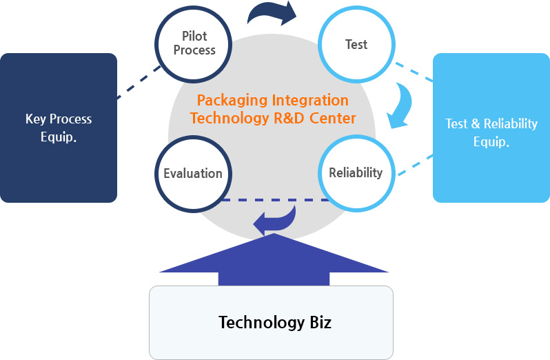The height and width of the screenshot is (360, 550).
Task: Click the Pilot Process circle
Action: (x=194, y=43)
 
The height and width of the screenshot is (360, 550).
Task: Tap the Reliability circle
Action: (x=356, y=172)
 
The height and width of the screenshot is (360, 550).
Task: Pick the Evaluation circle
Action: (x=193, y=173)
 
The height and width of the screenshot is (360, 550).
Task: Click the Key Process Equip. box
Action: (x=59, y=128)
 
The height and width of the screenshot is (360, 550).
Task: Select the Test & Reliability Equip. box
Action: (x=491, y=132)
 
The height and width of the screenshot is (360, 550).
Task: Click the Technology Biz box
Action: (x=271, y=322)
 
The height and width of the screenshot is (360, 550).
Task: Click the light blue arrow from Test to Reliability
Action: (x=402, y=106)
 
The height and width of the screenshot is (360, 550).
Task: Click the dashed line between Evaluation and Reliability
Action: (x=276, y=200)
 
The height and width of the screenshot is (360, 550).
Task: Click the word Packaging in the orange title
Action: (x=225, y=101)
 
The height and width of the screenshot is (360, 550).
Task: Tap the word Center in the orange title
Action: (x=333, y=118)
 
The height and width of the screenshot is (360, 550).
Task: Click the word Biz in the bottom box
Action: (x=318, y=322)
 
